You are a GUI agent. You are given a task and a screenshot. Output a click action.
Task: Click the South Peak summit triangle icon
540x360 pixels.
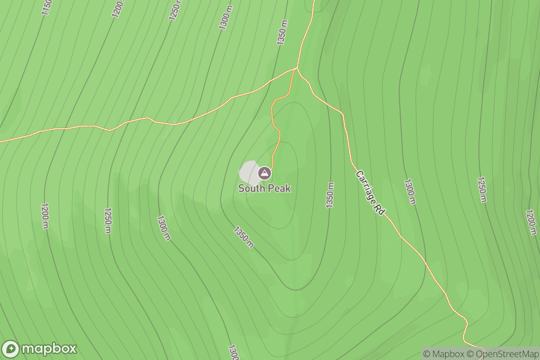pos(265,173)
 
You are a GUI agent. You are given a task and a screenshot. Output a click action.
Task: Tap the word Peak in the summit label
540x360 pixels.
pos(279,188)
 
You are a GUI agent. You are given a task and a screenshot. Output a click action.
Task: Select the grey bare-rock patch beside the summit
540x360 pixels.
pos(248,171)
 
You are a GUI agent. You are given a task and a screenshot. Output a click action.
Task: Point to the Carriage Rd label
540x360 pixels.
pos(370,193)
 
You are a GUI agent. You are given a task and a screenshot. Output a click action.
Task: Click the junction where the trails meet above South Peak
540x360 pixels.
pos(297,68)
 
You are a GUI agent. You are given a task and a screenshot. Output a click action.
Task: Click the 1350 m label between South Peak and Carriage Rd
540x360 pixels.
pos(331,195)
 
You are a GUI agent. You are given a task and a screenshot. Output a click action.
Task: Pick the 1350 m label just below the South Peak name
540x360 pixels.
pos(243,237)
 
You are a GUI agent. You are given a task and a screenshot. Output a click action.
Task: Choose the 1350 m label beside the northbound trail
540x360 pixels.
pos(283,32)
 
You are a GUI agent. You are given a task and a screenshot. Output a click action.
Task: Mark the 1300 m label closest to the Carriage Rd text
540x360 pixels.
pos(409,192)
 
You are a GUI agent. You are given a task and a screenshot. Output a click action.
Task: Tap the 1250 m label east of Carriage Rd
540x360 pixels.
pos(481,189)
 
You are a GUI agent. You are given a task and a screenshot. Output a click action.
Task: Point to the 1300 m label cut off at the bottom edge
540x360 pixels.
pos(233,352)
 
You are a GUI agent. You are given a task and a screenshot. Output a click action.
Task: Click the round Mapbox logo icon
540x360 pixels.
pos(11,349)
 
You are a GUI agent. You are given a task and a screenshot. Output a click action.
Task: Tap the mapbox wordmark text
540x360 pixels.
pos(49,349)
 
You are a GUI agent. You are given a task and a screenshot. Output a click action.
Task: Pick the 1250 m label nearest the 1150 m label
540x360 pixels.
pos(175,9)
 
